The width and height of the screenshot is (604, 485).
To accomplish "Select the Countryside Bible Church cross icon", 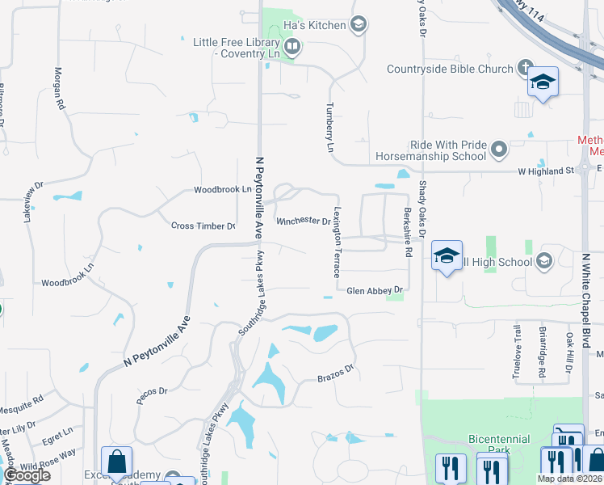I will point(526,69).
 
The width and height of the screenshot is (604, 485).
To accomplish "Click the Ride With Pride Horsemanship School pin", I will point(499,150).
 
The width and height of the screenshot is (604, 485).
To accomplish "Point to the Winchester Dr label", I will point(303,221).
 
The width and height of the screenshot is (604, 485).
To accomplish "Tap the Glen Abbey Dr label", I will point(374,290).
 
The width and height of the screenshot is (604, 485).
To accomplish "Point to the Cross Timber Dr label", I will point(203,226).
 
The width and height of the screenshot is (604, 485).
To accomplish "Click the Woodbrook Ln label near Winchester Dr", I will point(223,189).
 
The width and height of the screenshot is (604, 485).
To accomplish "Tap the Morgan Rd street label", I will point(58,88).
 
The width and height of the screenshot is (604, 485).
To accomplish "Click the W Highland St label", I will point(545,171).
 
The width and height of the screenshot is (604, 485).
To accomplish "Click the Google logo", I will point(27,475).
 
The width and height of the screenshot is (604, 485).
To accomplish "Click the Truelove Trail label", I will point(518,351).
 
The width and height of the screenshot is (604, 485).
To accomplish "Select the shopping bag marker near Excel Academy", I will point(117,462).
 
